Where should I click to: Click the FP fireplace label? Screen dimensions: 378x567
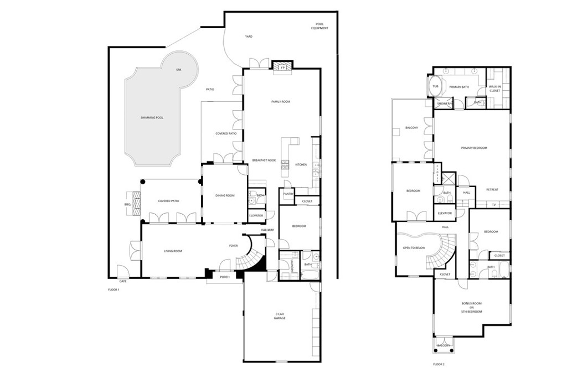click(282, 68)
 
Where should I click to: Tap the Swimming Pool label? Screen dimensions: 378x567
click(152, 118)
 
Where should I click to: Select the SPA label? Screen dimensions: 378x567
click(179, 70)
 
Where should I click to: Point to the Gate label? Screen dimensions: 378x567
click(123, 281)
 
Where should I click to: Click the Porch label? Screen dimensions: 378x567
click(225, 277)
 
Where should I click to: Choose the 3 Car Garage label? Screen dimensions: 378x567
click(280, 316)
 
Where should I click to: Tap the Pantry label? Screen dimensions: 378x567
click(288, 194)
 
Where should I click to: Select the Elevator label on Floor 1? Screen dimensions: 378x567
click(256, 215)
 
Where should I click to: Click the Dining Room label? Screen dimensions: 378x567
click(225, 195)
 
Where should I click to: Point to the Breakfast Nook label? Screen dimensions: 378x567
click(264, 160)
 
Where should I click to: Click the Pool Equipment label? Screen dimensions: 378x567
click(319, 26)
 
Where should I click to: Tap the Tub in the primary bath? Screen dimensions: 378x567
click(435, 86)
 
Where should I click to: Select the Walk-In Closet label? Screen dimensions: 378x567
click(494, 89)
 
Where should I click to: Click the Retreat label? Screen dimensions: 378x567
click(492, 190)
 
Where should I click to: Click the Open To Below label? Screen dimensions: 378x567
click(414, 247)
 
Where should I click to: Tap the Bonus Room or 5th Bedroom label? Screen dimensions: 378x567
click(472, 308)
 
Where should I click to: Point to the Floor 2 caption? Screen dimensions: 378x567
click(439, 364)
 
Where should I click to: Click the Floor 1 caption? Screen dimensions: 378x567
click(113, 289)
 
